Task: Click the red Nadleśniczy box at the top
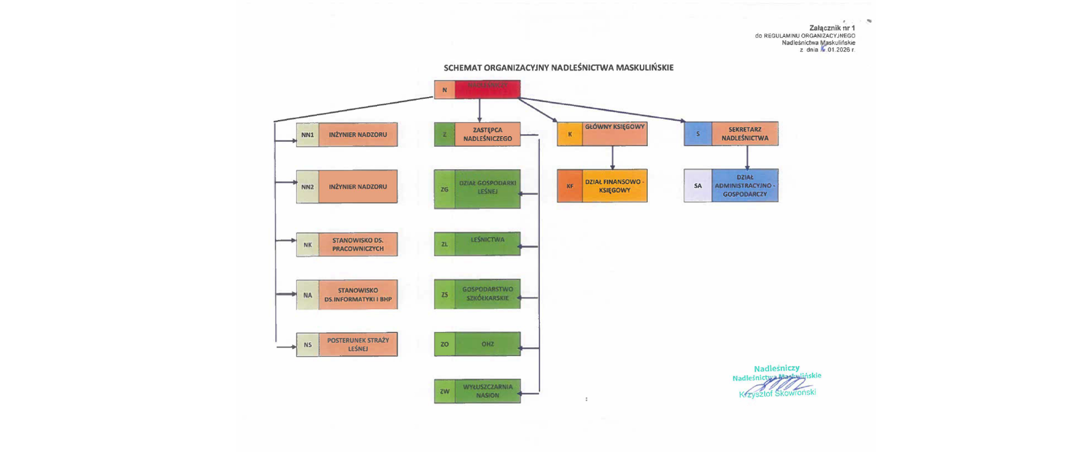488,89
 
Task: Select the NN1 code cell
307,135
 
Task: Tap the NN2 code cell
307,187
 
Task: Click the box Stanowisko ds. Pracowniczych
358,244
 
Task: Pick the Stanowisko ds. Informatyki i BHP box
358,295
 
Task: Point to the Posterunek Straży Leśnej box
358,344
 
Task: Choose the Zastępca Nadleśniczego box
488,134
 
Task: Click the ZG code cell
445,190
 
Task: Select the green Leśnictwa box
488,244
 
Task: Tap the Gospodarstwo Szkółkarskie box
488,294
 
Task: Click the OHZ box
488,344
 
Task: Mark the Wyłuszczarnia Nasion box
488,391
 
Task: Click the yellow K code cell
570,134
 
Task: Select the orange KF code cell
570,186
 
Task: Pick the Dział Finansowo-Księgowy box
615,186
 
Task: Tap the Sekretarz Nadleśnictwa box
745,134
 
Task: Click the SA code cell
698,186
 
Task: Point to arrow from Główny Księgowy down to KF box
612,158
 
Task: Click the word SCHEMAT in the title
462,68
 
